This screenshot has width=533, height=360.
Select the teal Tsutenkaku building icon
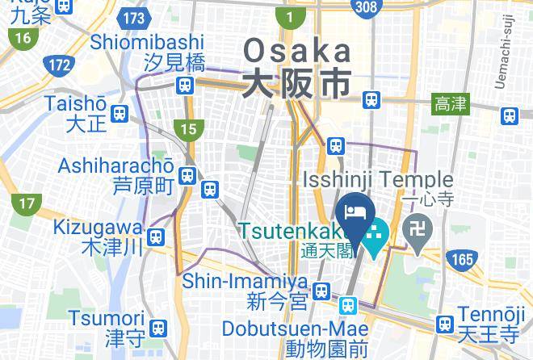tap(375, 237)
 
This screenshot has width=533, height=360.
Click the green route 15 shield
tap(189, 128)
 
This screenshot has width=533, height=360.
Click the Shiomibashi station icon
tap(187, 84)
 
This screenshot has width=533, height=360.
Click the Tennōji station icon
tap(443, 324)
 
